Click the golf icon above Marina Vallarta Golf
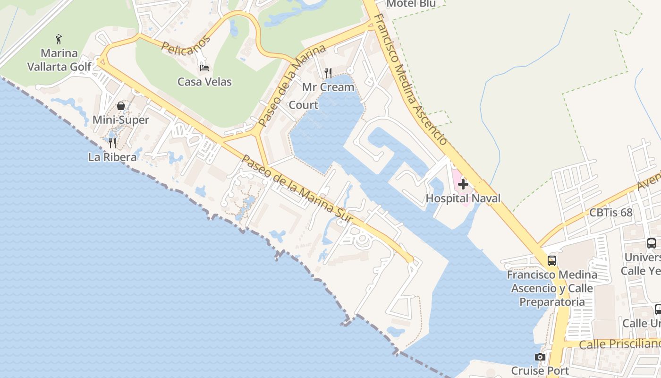[59, 39]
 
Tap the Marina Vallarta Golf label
[59, 60]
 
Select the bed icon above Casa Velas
[204, 68]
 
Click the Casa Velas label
[204, 82]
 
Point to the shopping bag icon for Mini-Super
[121, 106]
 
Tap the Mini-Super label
[120, 120]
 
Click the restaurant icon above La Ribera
[112, 143]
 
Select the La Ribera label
[112, 157]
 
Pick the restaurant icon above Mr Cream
[328, 73]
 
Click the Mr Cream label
[328, 87]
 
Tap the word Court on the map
[303, 105]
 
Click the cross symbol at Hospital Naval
[463, 184]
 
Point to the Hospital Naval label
[463, 198]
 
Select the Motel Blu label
[410, 4]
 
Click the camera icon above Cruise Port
[540, 357]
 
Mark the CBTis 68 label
[610, 213]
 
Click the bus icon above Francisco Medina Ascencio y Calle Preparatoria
[552, 260]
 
